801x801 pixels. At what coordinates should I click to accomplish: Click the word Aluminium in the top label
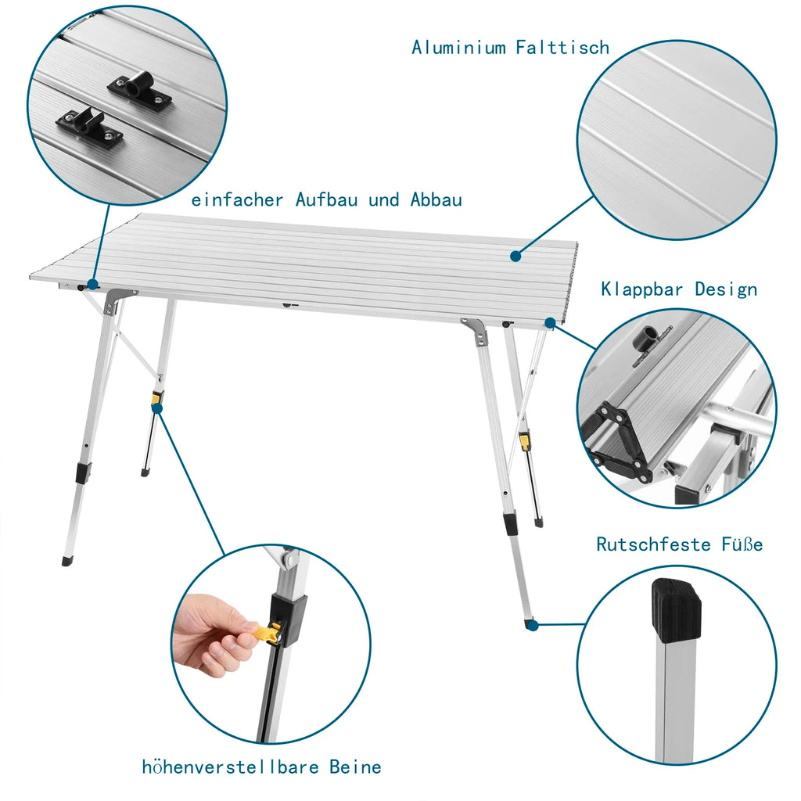(x=458, y=48)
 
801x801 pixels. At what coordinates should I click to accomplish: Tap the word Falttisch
(x=562, y=48)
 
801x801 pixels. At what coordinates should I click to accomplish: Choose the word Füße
(x=742, y=544)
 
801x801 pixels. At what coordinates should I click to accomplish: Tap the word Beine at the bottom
(x=355, y=766)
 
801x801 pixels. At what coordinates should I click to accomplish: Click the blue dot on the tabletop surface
(x=515, y=256)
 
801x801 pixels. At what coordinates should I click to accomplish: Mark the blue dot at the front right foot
(x=532, y=624)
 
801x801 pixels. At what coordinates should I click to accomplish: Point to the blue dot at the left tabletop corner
(x=93, y=285)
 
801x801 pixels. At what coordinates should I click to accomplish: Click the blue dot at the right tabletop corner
(x=551, y=321)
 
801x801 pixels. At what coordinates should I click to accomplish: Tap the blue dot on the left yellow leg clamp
(x=157, y=407)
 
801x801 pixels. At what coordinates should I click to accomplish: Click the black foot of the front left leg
(x=66, y=561)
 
